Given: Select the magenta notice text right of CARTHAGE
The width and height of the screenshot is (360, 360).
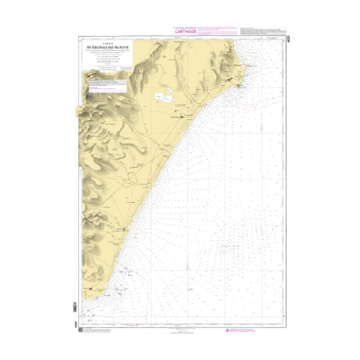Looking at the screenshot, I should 219,31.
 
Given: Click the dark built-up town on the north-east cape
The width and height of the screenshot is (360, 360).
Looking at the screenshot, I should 232,79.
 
